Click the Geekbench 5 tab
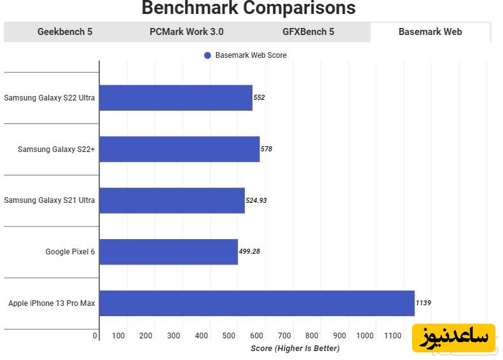65,32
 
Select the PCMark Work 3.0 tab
186,32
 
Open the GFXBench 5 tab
308,32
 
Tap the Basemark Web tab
430,32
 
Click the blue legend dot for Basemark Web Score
207,55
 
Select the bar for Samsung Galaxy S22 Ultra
176,98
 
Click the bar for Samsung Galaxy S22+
179,149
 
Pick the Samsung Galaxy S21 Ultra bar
172,200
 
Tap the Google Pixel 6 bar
169,252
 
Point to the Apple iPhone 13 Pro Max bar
257,303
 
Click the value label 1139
423,303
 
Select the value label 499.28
249,252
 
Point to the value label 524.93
256,200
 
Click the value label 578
266,149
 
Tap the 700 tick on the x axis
284,336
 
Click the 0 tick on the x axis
95,336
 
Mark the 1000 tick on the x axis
365,336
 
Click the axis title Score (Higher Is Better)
295,349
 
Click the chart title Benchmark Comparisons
249,8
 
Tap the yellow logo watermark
453,337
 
